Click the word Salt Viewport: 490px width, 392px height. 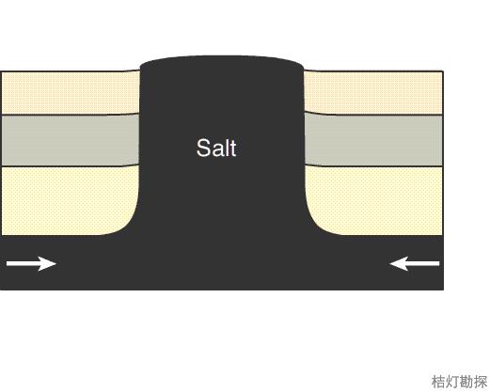pyautogui.click(x=216, y=148)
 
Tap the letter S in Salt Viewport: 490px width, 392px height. pyautogui.click(x=203, y=148)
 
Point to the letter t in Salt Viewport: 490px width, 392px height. pyautogui.click(x=232, y=149)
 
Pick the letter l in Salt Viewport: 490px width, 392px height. pyautogui.click(x=226, y=148)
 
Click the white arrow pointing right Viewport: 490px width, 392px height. pyautogui.click(x=31, y=263)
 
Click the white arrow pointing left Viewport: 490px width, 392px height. pyautogui.click(x=415, y=263)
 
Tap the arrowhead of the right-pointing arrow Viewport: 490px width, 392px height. pyautogui.click(x=48, y=263)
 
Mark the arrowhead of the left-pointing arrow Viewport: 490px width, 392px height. pyautogui.click(x=399, y=263)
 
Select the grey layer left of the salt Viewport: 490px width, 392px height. pyautogui.click(x=71, y=140)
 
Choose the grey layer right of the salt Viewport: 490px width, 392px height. pyautogui.click(x=373, y=140)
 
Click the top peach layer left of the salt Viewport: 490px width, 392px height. pyautogui.click(x=71, y=92)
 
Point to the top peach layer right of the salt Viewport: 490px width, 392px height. pyautogui.click(x=373, y=92)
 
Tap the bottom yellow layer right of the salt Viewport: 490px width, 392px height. pyautogui.click(x=376, y=200)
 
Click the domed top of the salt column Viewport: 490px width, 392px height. pyautogui.click(x=222, y=62)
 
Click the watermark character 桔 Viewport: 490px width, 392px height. pyautogui.click(x=438, y=382)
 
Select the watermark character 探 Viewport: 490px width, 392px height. pyautogui.click(x=481, y=382)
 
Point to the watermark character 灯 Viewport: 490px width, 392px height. pyautogui.click(x=452, y=382)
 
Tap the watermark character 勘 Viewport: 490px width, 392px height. pyautogui.click(x=466, y=382)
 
